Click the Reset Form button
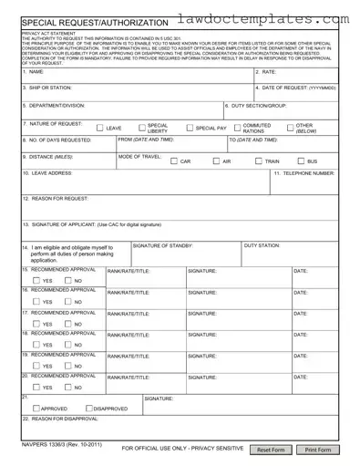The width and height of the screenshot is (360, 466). point(272,450)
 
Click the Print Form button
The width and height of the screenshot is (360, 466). point(318,450)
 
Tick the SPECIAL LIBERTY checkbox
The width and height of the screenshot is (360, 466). point(141,129)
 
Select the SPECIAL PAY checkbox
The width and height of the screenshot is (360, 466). point(190,129)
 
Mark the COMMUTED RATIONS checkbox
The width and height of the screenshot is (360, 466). point(236,129)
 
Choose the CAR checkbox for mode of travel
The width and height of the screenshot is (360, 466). point(173,161)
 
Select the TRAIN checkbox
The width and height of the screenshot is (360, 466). point(259,161)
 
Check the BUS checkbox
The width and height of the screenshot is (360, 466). point(300,161)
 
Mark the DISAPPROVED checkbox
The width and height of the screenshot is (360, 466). point(88,409)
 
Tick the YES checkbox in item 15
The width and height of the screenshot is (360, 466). point(36,280)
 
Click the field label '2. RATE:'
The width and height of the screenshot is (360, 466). point(267,71)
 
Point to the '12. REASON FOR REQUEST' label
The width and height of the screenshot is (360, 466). point(56,198)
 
